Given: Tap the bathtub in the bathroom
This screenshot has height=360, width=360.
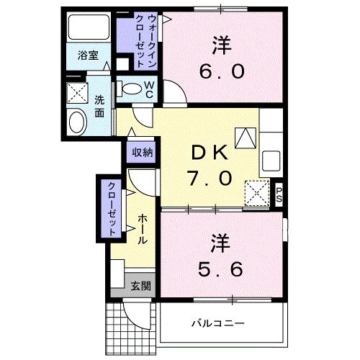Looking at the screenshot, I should (x=89, y=27).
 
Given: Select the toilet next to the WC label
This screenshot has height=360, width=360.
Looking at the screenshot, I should (x=131, y=90).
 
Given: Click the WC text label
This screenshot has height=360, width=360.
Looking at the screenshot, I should (x=149, y=89).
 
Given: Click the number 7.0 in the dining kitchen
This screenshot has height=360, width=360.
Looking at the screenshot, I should (x=210, y=177).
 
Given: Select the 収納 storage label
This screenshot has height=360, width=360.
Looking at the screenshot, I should (x=142, y=152).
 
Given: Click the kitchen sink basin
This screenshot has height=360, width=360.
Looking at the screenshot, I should (x=272, y=159).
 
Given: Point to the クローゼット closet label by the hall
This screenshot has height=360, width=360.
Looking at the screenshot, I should (x=113, y=209).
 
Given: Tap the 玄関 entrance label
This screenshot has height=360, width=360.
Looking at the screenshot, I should (x=140, y=286).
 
